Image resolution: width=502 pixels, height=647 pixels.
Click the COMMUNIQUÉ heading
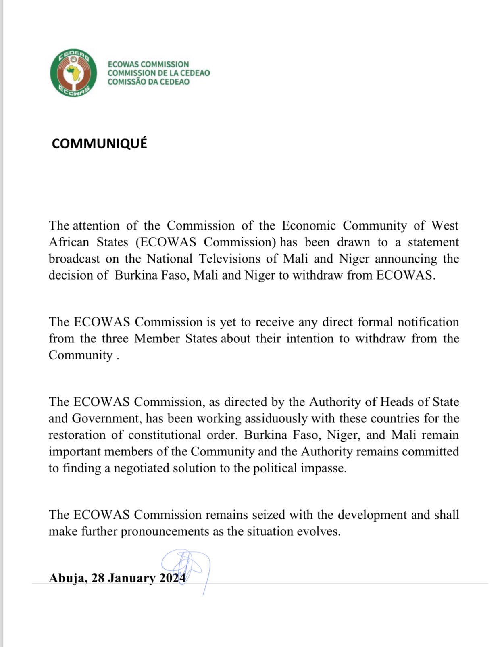[99, 144]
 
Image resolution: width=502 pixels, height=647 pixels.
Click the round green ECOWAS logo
[73, 73]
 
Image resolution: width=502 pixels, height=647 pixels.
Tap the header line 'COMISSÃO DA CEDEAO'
[148, 82]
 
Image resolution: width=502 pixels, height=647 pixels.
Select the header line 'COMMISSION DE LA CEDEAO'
[158, 73]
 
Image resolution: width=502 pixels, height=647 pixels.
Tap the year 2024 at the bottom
[172, 578]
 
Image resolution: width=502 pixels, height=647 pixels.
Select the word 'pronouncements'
[165, 531]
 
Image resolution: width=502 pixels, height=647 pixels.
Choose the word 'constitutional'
[165, 435]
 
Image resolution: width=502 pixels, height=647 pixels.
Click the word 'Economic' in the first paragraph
[308, 225]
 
